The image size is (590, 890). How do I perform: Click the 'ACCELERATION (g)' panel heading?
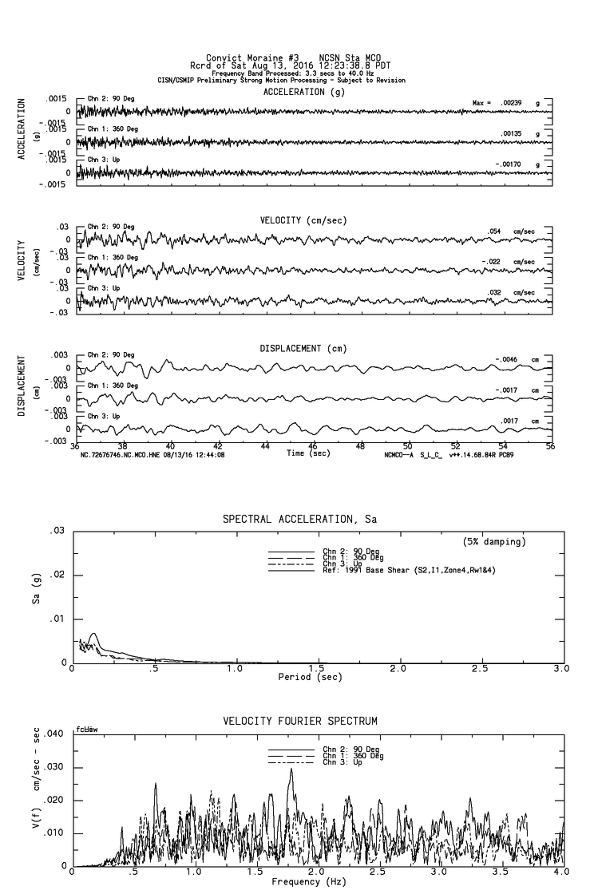(303, 92)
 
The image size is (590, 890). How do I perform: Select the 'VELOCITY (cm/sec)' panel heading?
(303, 220)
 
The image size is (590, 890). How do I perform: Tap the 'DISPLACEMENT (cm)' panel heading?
(303, 349)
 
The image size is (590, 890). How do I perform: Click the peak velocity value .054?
(496, 231)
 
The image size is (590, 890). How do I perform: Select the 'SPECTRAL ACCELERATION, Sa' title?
(299, 520)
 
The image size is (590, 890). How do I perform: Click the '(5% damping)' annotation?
(494, 542)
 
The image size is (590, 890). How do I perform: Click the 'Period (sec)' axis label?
(311, 676)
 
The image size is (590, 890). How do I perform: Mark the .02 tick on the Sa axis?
(57, 575)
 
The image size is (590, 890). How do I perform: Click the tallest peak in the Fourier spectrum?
(291, 769)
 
